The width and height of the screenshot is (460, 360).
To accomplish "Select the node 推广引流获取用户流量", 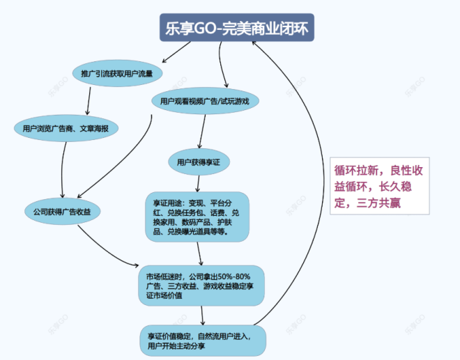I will pyautogui.click(x=117, y=73).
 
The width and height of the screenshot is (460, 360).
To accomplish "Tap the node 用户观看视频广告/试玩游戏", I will pyautogui.click(x=205, y=102).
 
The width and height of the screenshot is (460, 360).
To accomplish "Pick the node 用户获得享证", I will pyautogui.click(x=199, y=162).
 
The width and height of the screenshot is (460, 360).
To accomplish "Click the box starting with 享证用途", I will pyautogui.click(x=197, y=217).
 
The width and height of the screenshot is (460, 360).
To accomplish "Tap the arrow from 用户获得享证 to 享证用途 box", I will pyautogui.click(x=198, y=182).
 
